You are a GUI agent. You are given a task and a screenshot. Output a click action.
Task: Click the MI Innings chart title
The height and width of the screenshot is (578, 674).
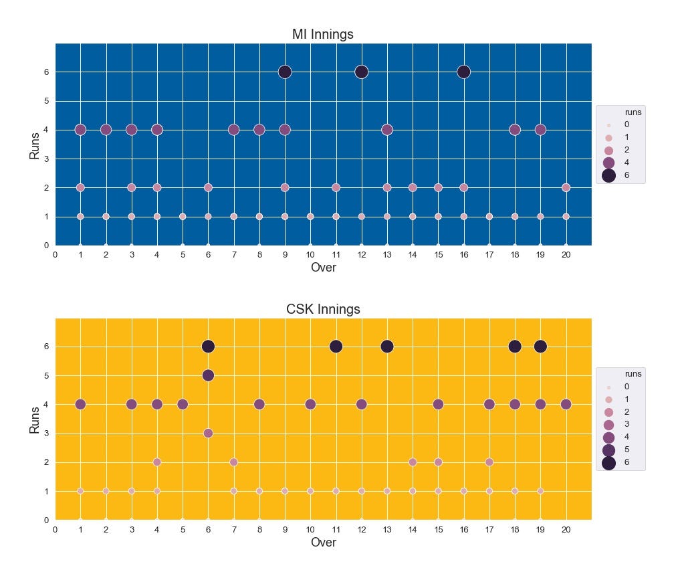[x=323, y=34]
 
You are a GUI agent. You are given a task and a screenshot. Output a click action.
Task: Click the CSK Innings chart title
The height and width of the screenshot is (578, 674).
[x=323, y=309]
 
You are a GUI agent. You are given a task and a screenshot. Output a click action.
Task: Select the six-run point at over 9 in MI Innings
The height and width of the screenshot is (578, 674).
[x=285, y=72]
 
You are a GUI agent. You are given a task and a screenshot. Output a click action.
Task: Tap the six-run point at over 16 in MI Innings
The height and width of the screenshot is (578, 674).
[x=463, y=72]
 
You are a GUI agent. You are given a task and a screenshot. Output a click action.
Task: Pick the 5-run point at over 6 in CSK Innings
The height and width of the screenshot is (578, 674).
[x=208, y=375]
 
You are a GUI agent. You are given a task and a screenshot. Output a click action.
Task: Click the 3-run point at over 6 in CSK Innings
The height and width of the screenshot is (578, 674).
[x=208, y=433]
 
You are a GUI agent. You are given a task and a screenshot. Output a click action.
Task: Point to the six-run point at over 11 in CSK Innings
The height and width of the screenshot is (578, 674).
[x=336, y=347]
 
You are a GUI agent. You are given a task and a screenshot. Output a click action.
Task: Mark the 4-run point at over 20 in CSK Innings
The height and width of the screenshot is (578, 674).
[x=566, y=404]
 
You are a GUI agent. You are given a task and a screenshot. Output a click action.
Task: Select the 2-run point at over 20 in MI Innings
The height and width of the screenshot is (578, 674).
[x=566, y=187]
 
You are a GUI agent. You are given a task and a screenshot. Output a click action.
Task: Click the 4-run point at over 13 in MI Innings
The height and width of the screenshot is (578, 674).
[x=387, y=130]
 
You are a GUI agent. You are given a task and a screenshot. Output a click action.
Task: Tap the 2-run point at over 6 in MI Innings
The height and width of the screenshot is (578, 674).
[x=208, y=187]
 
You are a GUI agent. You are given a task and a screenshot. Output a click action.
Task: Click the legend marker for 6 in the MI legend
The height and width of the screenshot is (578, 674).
[x=608, y=175]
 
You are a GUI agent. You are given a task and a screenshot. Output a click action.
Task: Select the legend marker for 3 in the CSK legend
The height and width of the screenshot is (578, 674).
[x=608, y=425]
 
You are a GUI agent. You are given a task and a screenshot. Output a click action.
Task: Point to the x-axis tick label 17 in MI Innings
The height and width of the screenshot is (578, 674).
[x=489, y=255]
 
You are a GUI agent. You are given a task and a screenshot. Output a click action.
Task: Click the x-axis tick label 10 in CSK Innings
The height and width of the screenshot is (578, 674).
[x=310, y=529]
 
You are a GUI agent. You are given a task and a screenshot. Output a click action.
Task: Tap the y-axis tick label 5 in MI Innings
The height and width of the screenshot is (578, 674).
[x=47, y=101]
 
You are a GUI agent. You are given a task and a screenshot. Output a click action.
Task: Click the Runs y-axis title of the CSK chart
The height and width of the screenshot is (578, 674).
[x=34, y=419]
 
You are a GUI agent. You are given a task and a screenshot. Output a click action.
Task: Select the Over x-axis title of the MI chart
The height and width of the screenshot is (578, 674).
[x=323, y=268]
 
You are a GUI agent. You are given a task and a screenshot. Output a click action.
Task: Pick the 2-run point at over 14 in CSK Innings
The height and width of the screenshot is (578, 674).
[x=413, y=462]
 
